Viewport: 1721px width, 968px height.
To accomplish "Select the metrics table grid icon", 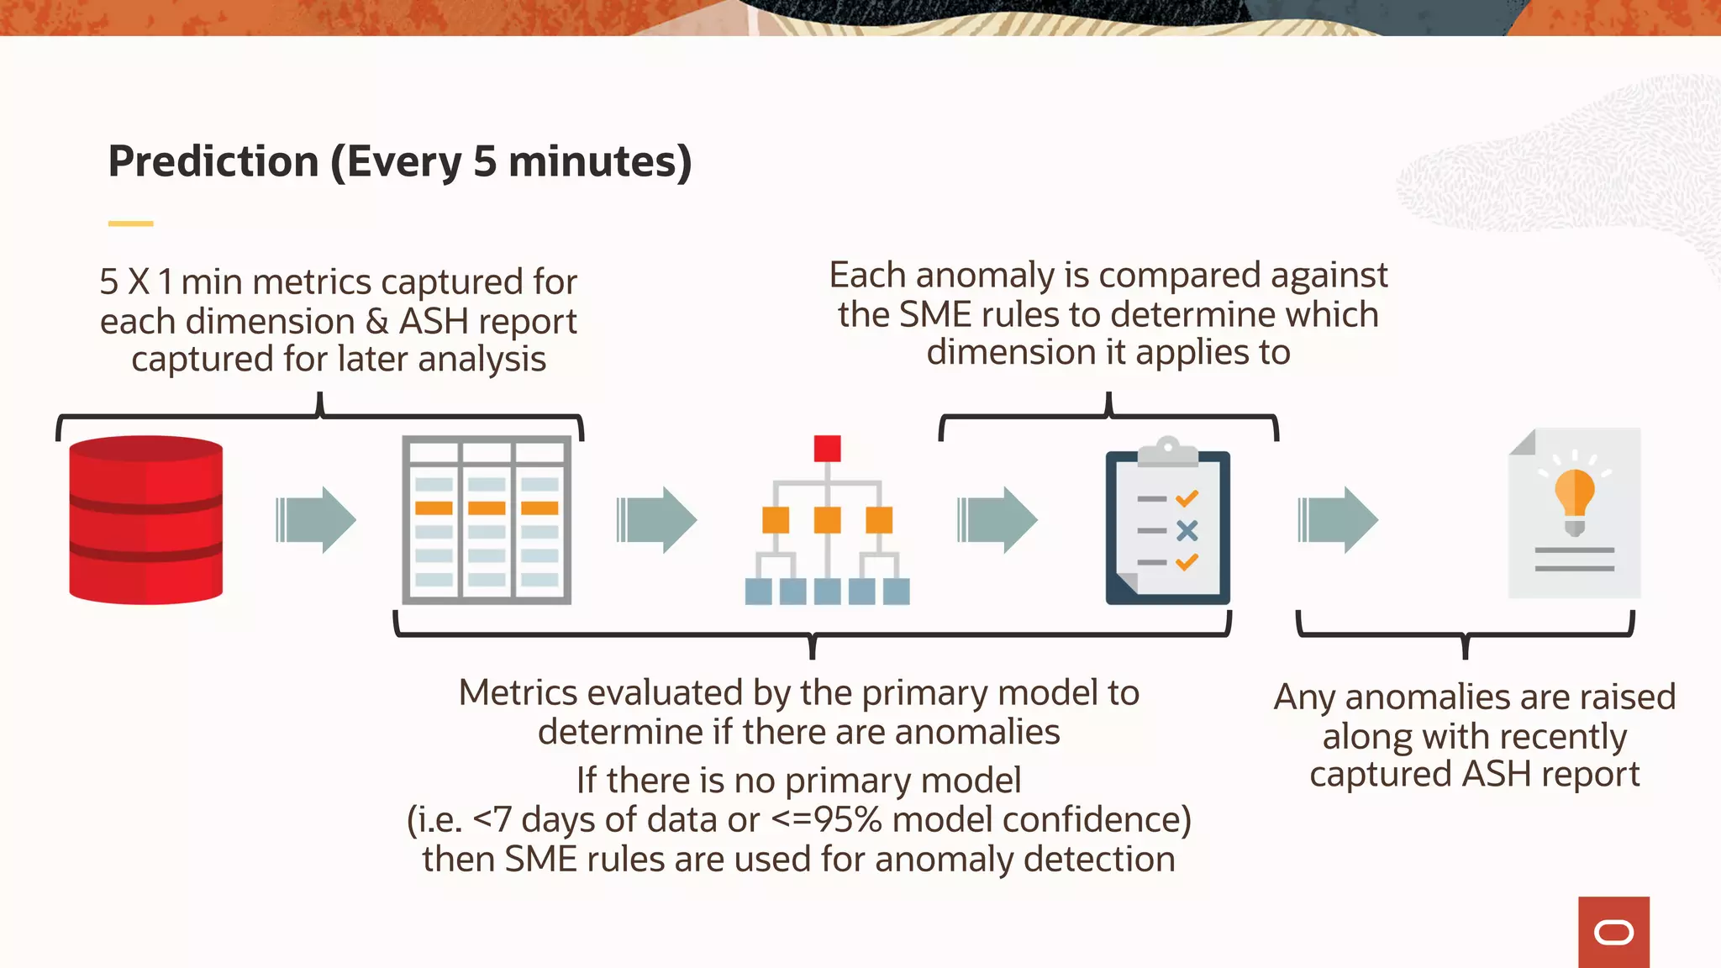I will (487, 519).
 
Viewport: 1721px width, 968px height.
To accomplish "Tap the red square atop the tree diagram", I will (827, 448).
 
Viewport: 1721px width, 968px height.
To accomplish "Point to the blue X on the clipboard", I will (1187, 530).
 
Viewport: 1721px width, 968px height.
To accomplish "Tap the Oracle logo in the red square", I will (1613, 933).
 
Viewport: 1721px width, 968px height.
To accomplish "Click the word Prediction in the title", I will (213, 161).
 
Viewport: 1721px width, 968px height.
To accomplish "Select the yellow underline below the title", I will (130, 224).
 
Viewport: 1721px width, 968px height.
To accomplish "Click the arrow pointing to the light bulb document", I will (1338, 519).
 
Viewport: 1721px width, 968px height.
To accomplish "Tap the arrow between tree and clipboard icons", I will (997, 519).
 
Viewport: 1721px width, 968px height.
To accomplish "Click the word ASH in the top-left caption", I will (434, 321).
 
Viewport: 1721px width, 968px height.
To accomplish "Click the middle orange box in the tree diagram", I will (827, 519).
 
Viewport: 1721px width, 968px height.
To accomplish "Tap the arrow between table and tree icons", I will (657, 519).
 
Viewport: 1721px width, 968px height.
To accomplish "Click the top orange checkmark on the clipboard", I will (1187, 499).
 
